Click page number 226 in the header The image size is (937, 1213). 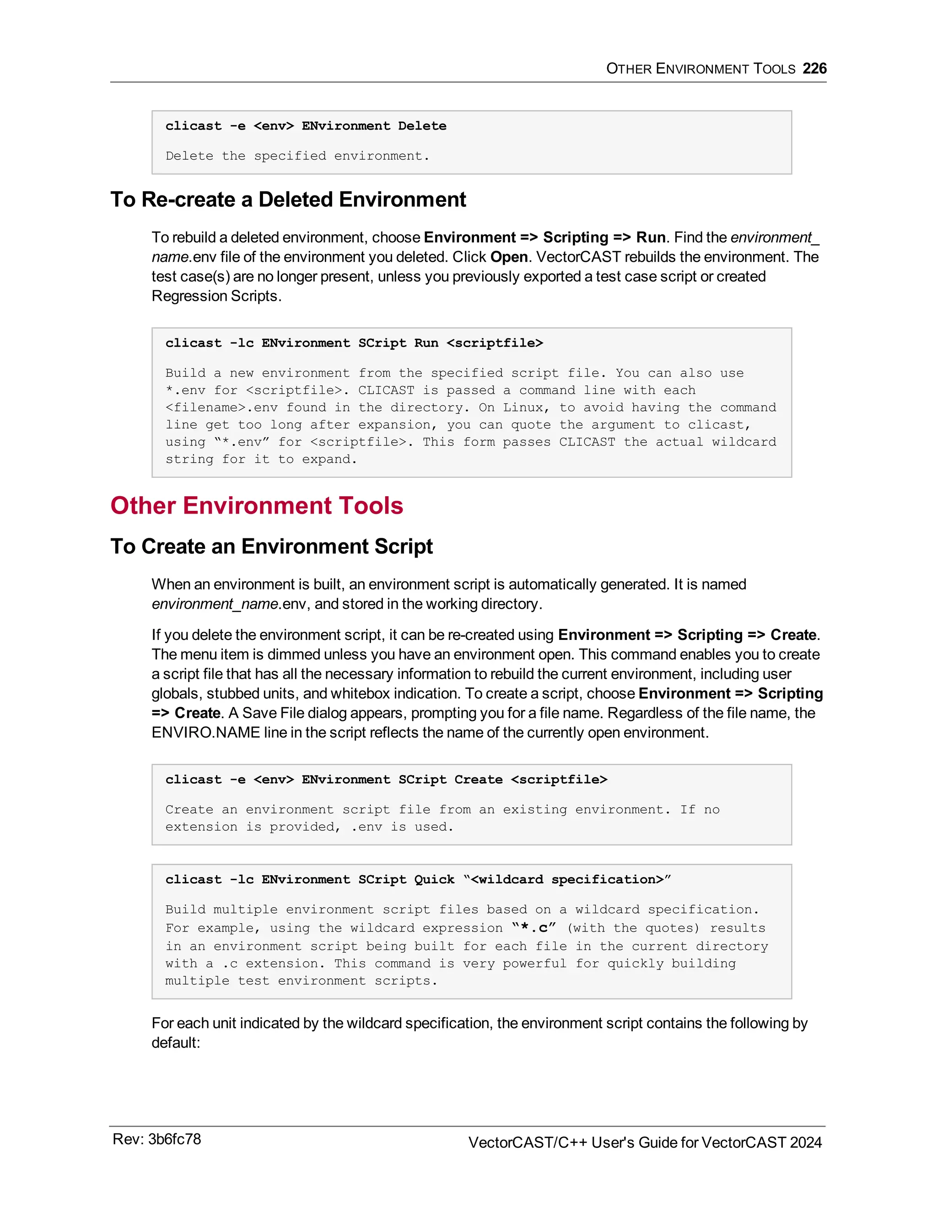click(x=814, y=69)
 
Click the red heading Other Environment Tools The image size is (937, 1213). click(x=257, y=505)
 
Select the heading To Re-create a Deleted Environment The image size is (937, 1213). click(x=288, y=200)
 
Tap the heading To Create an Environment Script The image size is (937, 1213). click(x=271, y=547)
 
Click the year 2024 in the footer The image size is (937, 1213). click(x=805, y=1143)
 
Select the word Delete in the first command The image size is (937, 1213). click(x=422, y=126)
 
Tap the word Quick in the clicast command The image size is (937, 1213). click(x=434, y=880)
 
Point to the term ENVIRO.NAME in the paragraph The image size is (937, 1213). click(x=205, y=732)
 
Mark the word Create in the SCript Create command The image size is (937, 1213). click(x=478, y=780)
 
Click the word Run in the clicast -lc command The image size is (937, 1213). click(x=426, y=343)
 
